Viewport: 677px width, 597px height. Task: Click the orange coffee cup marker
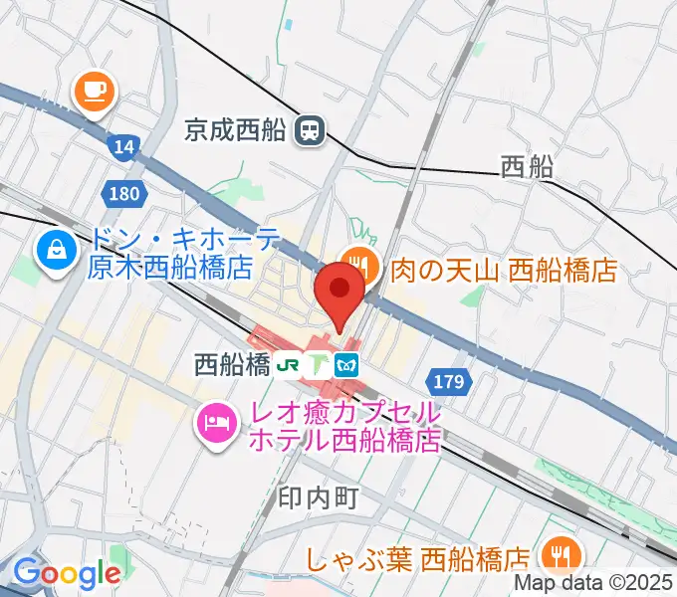[x=96, y=91]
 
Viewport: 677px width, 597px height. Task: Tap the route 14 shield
[x=123, y=147]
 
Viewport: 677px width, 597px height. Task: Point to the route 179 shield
[x=447, y=380]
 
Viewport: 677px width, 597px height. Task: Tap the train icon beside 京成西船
[x=311, y=128]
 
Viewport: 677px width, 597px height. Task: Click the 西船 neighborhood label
[x=527, y=166]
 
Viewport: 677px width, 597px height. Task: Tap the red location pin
[x=339, y=292]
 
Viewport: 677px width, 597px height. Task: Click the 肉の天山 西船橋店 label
[x=504, y=268]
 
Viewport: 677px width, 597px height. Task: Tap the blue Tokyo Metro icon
[x=347, y=365]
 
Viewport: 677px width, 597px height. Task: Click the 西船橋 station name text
[x=233, y=365]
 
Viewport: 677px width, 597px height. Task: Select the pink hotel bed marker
[x=215, y=424]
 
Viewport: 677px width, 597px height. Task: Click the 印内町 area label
[x=315, y=497]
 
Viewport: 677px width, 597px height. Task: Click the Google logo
[x=66, y=573]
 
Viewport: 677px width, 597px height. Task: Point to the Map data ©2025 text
[x=593, y=583]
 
